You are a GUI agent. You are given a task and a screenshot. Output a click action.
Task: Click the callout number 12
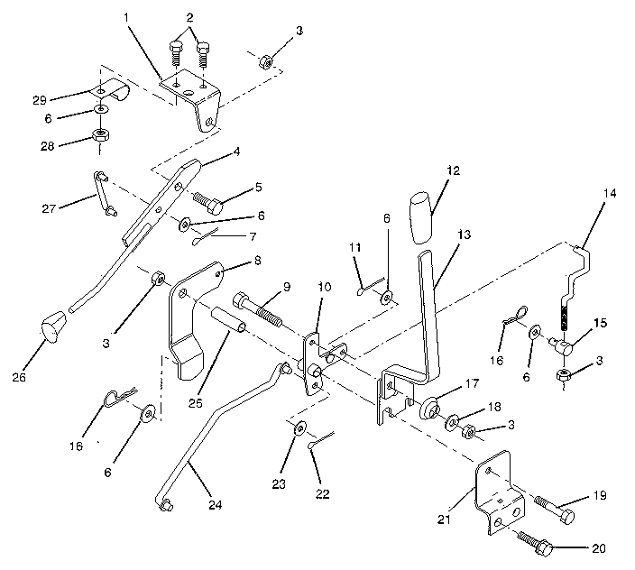point(451,171)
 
